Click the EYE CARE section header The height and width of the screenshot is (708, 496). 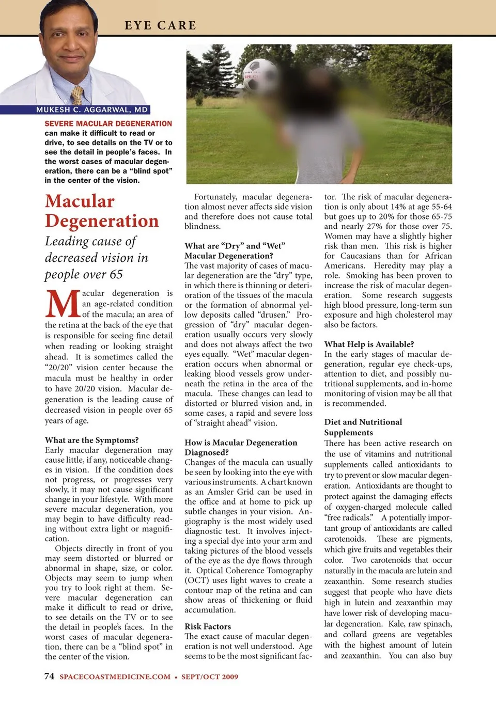click(x=160, y=25)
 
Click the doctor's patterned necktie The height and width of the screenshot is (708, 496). click(x=78, y=96)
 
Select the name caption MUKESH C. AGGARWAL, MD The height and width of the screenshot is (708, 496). click(x=92, y=109)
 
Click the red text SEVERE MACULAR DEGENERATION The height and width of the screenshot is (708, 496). click(x=108, y=124)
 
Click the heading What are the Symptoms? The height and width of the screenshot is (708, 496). click(x=91, y=440)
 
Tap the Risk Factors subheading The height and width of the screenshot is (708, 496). click(x=208, y=626)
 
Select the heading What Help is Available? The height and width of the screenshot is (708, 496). click(x=369, y=344)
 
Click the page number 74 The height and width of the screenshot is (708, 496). click(x=49, y=676)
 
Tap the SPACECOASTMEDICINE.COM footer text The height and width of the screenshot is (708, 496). click(x=115, y=677)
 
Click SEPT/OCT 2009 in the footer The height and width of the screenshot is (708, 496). click(x=210, y=677)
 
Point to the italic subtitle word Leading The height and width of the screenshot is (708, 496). click(x=67, y=241)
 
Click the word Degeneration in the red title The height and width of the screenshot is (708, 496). click(x=102, y=221)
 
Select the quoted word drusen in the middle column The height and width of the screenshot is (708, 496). click(x=277, y=315)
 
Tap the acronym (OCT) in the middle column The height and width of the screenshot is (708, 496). click(x=196, y=580)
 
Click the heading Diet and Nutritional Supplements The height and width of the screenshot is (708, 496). click(x=363, y=427)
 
